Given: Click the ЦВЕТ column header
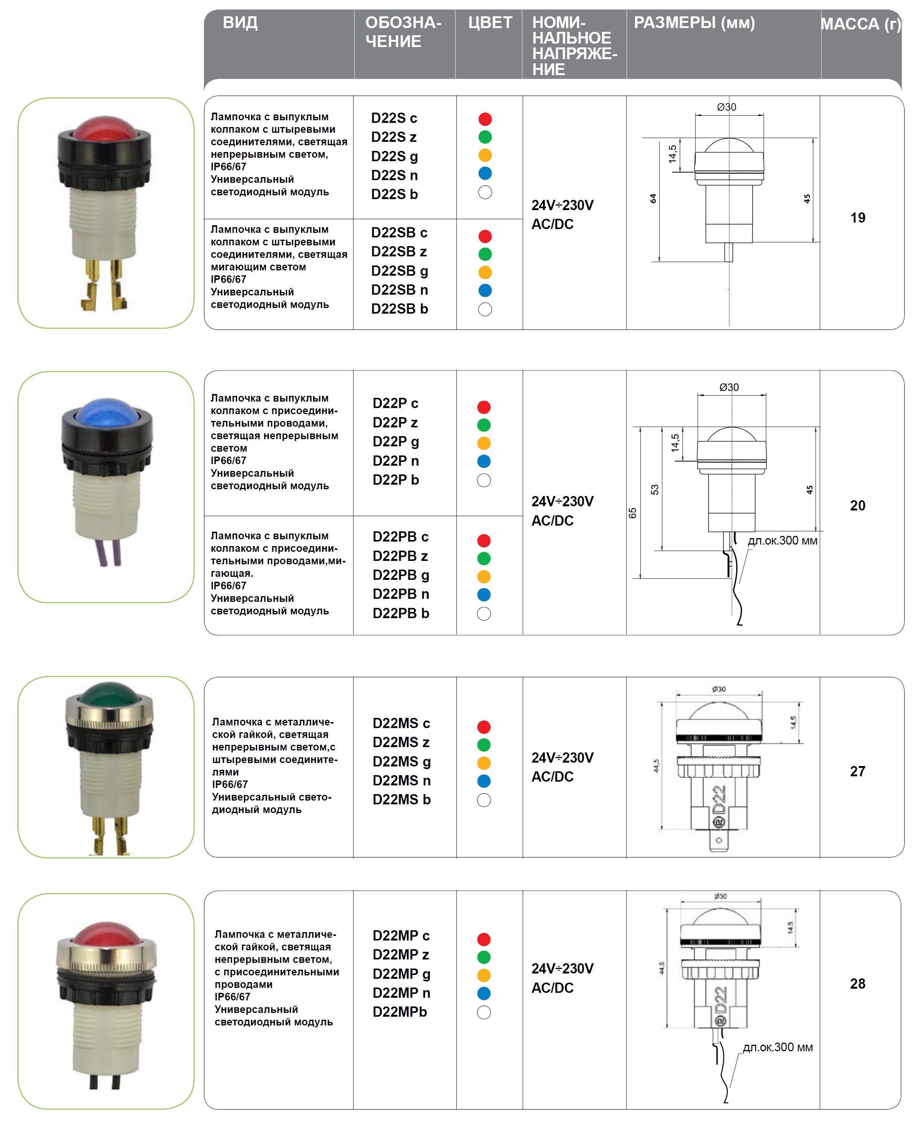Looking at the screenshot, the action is tap(490, 23).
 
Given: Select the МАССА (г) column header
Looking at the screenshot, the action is tap(861, 24).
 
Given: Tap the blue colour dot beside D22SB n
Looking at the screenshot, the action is tap(485, 290).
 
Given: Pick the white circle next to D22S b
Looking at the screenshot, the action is tap(485, 193).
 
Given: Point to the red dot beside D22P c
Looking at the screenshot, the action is tap(484, 407).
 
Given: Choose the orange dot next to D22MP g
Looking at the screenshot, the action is tap(484, 975).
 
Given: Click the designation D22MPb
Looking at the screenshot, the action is tap(399, 1012).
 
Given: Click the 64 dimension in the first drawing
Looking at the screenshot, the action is tap(653, 198).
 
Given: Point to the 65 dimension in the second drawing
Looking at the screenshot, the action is tap(632, 513).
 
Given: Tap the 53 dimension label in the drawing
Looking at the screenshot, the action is tap(655, 490).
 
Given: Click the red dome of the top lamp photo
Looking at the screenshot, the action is tap(105, 127).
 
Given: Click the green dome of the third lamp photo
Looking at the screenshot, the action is tap(109, 694).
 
